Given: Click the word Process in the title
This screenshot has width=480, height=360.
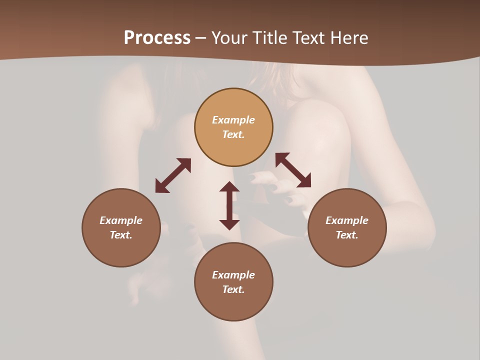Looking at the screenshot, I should pyautogui.click(x=157, y=38).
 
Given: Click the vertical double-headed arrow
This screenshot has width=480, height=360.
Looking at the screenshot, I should pyautogui.click(x=229, y=205).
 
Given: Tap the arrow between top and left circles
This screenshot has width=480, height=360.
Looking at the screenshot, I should pyautogui.click(x=173, y=175).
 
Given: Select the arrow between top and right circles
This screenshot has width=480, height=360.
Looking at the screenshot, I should pyautogui.click(x=293, y=170).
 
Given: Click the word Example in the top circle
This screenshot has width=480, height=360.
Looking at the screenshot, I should pyautogui.click(x=233, y=120).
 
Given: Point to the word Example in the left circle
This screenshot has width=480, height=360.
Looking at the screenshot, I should pyautogui.click(x=121, y=220).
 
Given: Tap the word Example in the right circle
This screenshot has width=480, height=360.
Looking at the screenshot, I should pyautogui.click(x=347, y=220).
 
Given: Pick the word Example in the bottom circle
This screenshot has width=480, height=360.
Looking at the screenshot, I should pyautogui.click(x=233, y=275).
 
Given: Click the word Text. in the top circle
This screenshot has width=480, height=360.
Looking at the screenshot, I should pyautogui.click(x=233, y=134).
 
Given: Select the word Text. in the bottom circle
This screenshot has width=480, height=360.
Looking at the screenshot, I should pyautogui.click(x=233, y=289).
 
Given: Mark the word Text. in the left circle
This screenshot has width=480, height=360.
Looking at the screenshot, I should pyautogui.click(x=121, y=235).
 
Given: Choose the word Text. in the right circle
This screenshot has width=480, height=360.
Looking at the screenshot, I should pyautogui.click(x=347, y=235).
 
